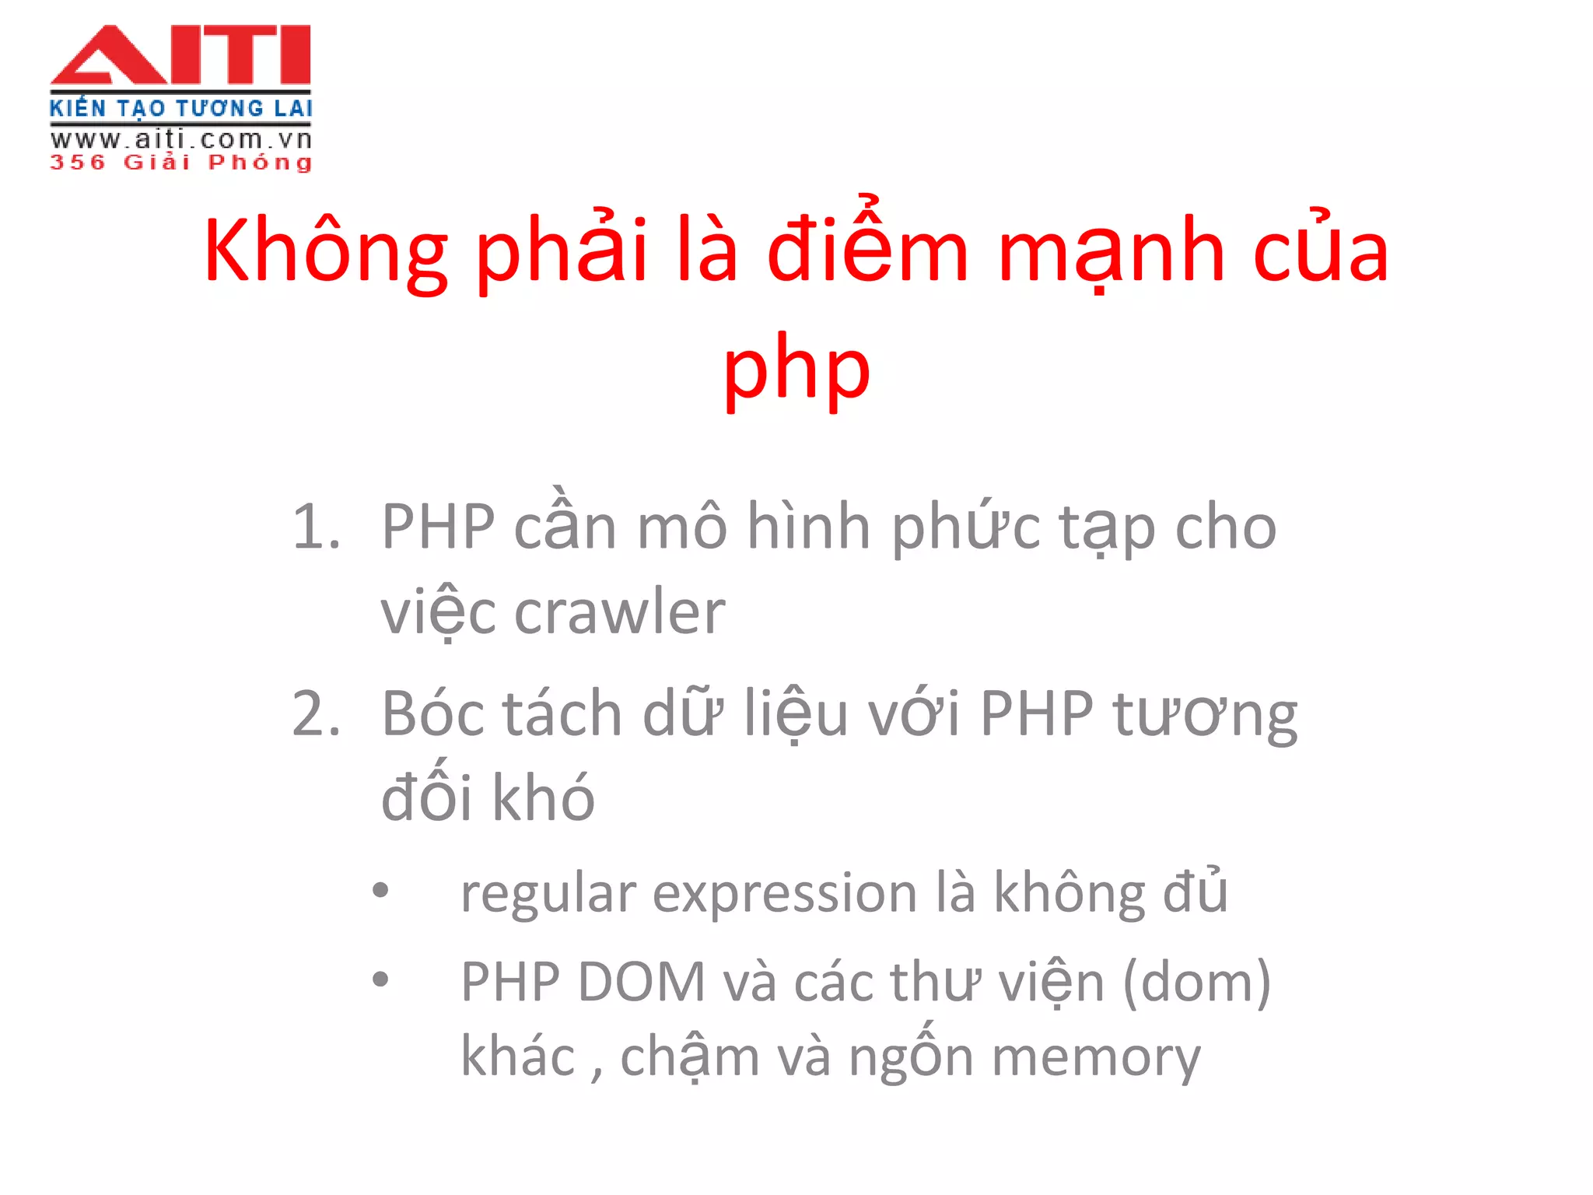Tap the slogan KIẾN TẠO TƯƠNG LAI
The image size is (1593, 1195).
(180, 108)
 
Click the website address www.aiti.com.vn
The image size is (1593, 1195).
(180, 140)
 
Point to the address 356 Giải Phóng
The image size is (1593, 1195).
(180, 163)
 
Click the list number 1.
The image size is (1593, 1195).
(315, 527)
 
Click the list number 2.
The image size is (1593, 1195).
(315, 714)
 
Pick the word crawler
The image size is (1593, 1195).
(619, 613)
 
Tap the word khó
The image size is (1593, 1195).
(543, 798)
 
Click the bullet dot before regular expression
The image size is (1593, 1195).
(380, 890)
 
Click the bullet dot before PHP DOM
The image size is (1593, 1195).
(380, 979)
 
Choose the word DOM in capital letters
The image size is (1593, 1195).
(641, 982)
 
